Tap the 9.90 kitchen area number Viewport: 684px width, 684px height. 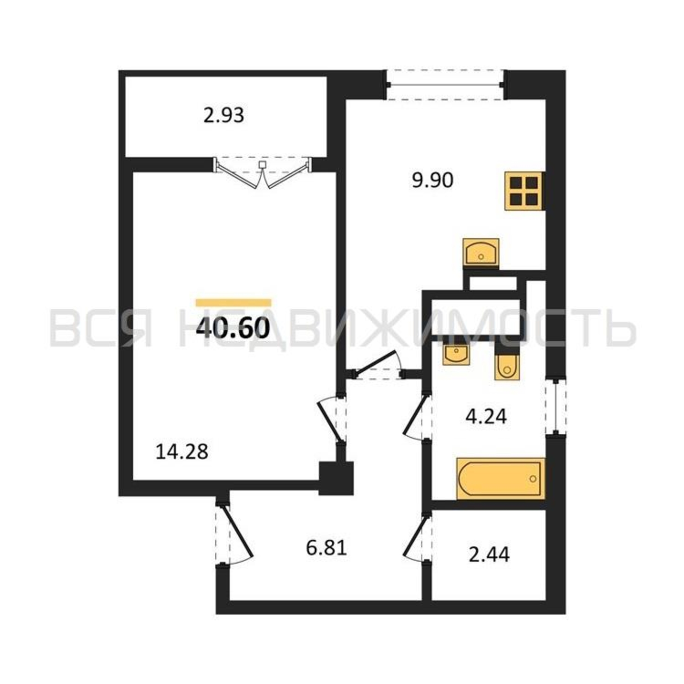(x=433, y=181)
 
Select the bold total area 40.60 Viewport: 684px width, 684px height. (x=233, y=328)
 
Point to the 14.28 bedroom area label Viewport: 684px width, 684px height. (x=182, y=452)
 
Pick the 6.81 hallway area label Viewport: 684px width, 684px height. (x=326, y=548)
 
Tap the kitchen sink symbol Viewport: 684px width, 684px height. (x=481, y=252)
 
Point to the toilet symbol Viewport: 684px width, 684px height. (x=507, y=367)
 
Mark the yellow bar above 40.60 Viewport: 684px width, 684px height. (x=234, y=303)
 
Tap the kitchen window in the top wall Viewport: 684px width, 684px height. (x=445, y=85)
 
